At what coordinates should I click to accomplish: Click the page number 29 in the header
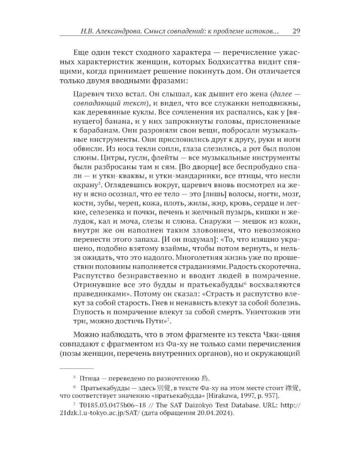288,31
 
